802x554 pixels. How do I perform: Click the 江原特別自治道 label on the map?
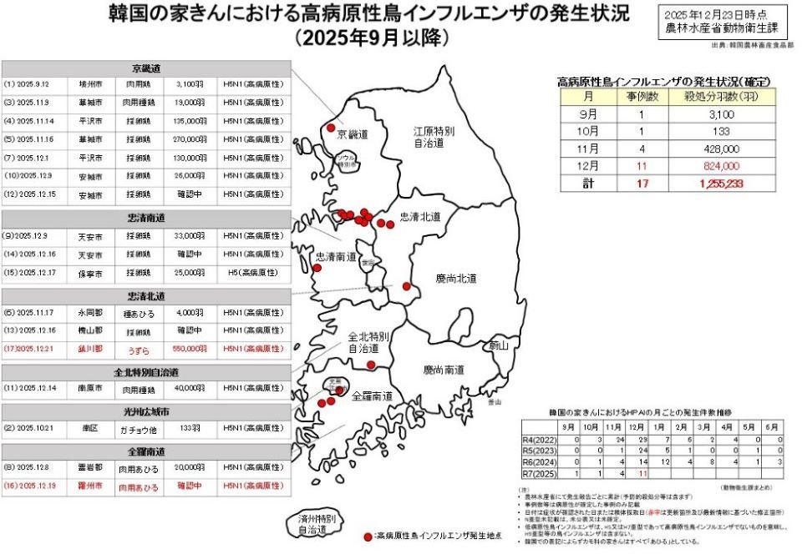(x=434, y=138)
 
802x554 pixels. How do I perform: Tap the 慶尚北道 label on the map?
(x=455, y=278)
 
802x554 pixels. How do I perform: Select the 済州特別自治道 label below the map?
(x=317, y=524)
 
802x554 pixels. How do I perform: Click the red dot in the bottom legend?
(x=368, y=535)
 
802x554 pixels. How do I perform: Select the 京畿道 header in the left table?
(x=147, y=68)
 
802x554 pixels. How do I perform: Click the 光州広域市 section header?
(x=147, y=411)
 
